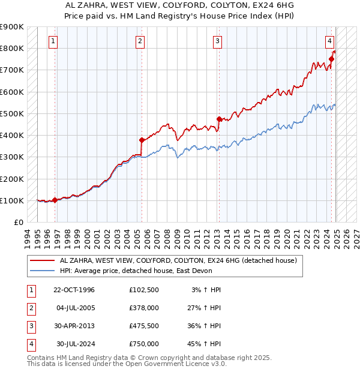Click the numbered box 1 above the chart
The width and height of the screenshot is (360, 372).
click(53, 41)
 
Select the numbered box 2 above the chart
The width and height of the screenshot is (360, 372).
click(140, 41)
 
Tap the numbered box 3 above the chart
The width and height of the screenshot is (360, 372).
click(217, 41)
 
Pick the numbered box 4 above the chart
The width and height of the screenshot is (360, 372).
click(330, 41)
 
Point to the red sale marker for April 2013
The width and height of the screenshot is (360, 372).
click(219, 119)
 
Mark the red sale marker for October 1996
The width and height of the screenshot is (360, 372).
click(55, 200)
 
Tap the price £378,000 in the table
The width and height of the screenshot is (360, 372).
click(144, 308)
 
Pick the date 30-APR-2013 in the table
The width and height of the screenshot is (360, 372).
click(74, 326)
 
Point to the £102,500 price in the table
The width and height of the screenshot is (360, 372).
click(144, 290)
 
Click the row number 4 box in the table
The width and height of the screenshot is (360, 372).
click(30, 344)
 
